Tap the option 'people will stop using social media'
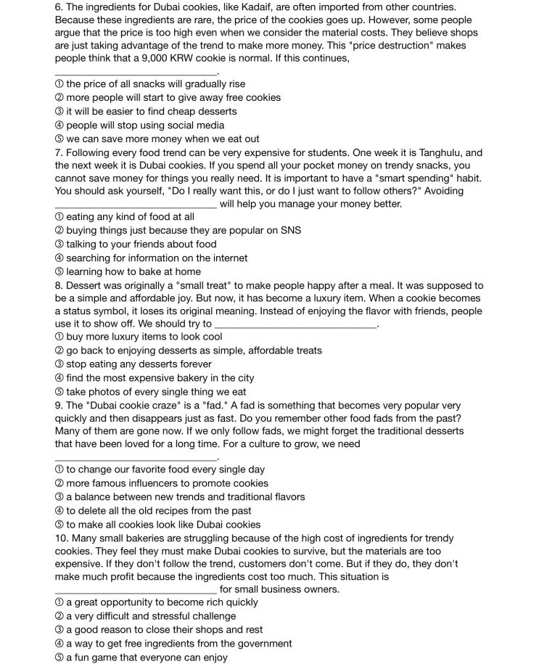[x=145, y=125]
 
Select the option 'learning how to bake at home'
[x=133, y=271]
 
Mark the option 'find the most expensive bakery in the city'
[x=160, y=378]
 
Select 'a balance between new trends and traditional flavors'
[x=185, y=497]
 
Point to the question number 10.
[x=61, y=538]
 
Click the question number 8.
[x=58, y=285]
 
